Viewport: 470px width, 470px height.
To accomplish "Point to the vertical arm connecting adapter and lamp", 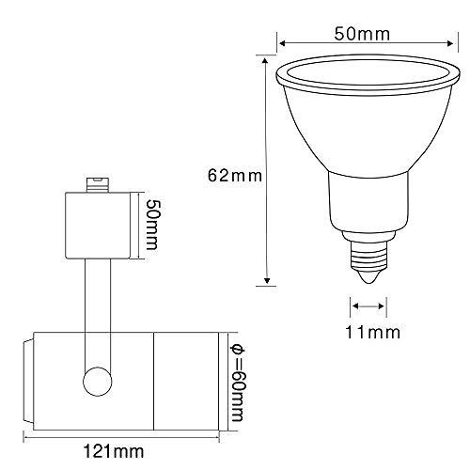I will [x=96, y=301].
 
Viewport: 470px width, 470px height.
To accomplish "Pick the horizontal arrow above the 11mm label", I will [x=368, y=303].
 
